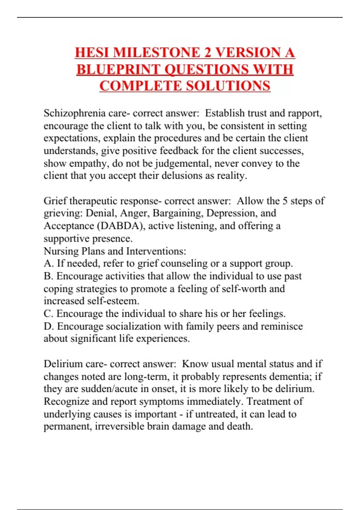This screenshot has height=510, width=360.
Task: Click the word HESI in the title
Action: pyautogui.click(x=92, y=53)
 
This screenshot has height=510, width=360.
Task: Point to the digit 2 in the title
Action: pyautogui.click(x=207, y=53)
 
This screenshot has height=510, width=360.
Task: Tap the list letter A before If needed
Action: pyautogui.click(x=48, y=263)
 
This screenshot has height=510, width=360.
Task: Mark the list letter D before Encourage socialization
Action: pyautogui.click(x=48, y=326)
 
